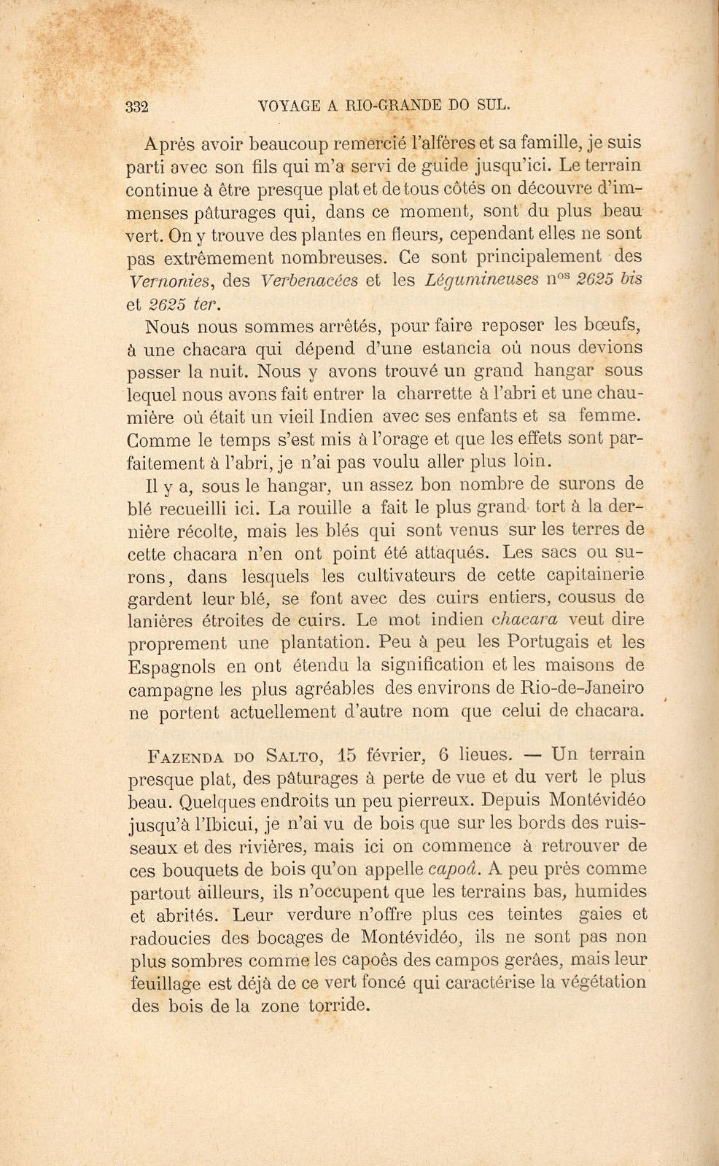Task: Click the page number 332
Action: coord(137,106)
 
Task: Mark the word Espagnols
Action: coord(171,667)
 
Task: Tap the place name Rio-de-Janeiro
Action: coord(573,688)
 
